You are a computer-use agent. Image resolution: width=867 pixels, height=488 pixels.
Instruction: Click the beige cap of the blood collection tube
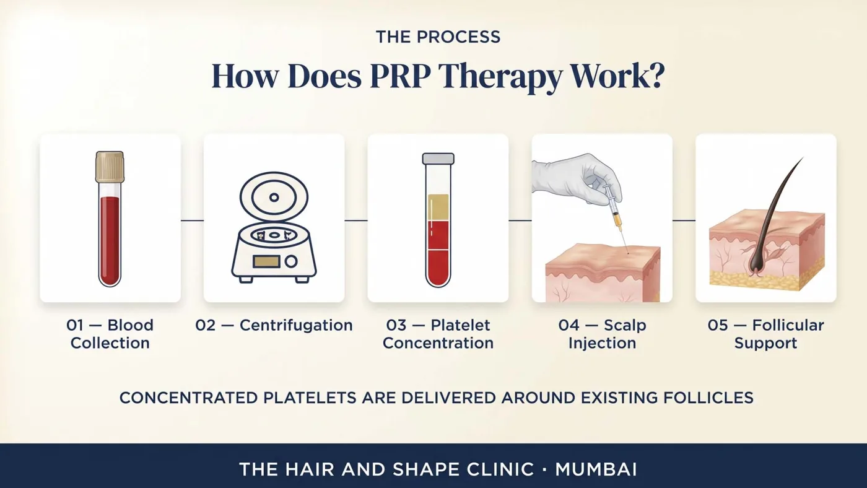point(110,167)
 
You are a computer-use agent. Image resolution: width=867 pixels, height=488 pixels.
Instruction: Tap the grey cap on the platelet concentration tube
point(438,159)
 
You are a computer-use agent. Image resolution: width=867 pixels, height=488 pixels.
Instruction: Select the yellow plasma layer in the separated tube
point(438,208)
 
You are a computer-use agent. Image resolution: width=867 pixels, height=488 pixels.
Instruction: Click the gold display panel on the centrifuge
point(266,261)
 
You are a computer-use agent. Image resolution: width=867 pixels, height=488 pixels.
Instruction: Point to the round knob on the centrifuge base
point(291,261)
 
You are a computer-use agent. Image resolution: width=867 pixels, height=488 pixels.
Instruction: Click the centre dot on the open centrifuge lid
point(274,198)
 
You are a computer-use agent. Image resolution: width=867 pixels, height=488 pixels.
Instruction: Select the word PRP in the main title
point(400,76)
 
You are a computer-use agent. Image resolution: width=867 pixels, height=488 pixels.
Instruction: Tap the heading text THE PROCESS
point(438,37)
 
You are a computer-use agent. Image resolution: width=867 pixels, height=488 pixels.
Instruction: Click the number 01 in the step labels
point(74,326)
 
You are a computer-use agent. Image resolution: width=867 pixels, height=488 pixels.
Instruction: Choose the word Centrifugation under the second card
point(296,326)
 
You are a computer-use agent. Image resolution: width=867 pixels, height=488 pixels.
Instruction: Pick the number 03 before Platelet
point(396,326)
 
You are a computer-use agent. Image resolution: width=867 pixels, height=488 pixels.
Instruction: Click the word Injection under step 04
point(602,344)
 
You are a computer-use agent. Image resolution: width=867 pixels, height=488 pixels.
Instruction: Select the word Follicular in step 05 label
point(788,326)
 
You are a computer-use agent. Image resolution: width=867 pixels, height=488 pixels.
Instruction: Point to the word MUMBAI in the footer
point(596,469)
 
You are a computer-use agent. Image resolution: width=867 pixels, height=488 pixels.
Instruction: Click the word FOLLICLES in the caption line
point(708,398)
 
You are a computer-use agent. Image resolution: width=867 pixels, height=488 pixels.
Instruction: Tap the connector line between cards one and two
point(193,220)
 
